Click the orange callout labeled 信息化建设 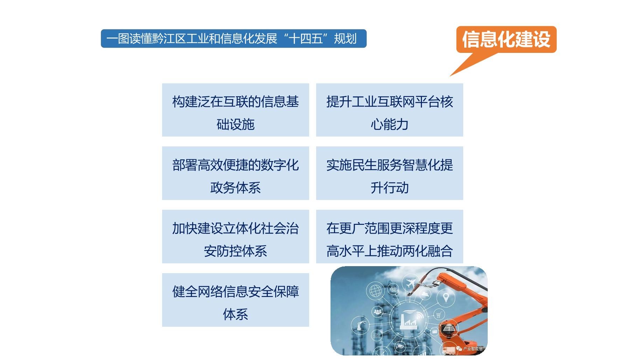pyautogui.click(x=506, y=39)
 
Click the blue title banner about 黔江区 pyautogui.click(x=234, y=39)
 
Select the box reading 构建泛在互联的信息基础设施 pyautogui.click(x=235, y=110)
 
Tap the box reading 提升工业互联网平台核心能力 pyautogui.click(x=389, y=110)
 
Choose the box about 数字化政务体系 pyautogui.click(x=235, y=173)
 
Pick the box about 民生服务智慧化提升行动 pyautogui.click(x=389, y=173)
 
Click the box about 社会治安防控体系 pyautogui.click(x=235, y=237)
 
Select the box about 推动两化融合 pyautogui.click(x=389, y=237)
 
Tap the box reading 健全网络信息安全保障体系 pyautogui.click(x=235, y=300)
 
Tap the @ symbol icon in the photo pyautogui.click(x=393, y=289)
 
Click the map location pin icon pyautogui.click(x=446, y=298)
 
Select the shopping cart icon pyautogui.click(x=439, y=314)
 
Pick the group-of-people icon pyautogui.click(x=377, y=311)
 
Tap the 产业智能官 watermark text pyautogui.click(x=473, y=349)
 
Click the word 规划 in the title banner pyautogui.click(x=345, y=39)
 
